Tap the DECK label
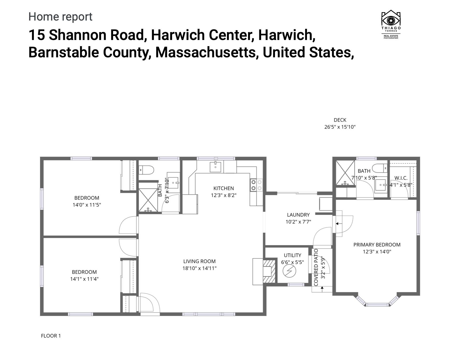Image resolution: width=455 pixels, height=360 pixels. coord(340,120)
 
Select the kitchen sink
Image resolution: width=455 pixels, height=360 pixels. coord(215,167)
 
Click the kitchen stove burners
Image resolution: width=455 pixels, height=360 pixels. coord(256,185)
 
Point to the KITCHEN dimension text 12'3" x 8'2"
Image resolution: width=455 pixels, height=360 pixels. coord(223,195)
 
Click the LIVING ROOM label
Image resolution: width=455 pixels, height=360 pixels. coord(199,261)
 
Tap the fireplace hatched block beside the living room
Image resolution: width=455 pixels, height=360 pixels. coord(269,271)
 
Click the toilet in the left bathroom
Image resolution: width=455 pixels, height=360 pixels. coord(146,170)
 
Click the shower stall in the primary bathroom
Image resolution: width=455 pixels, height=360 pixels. coord(345,173)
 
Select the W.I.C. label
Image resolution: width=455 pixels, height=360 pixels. coord(401,178)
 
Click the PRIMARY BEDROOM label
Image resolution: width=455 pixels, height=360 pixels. coord(377,245)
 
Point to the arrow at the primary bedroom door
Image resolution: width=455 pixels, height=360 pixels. coord(338,223)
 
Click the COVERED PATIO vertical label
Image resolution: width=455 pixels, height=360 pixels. coord(316,267)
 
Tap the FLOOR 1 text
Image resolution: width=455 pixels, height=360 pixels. coord(51,336)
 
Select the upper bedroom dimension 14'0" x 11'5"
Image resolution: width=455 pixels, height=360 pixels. coord(87,205)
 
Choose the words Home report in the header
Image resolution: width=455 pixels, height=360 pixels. coord(60,17)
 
